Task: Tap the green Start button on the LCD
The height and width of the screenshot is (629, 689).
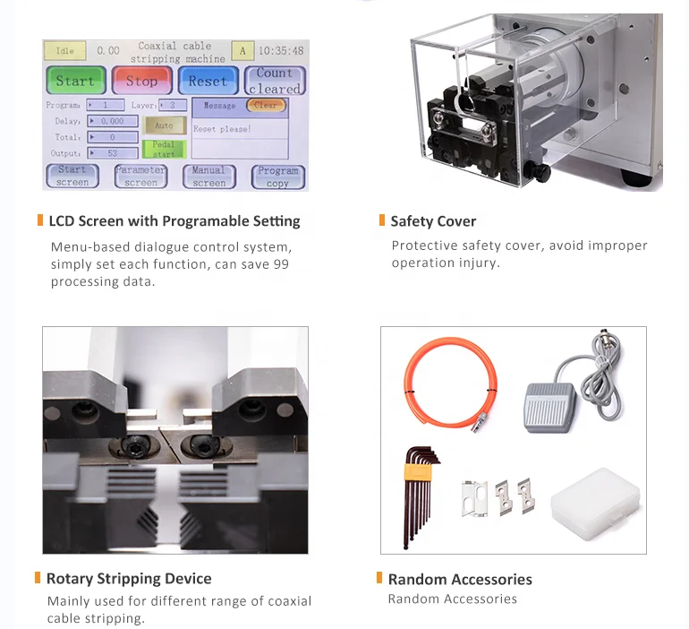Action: pos(76,80)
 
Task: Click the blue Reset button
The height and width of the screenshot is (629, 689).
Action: pos(208,80)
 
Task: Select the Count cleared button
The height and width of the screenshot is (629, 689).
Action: pos(275,81)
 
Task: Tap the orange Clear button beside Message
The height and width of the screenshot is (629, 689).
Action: pos(267,105)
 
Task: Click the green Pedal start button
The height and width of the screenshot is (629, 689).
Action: pos(164,149)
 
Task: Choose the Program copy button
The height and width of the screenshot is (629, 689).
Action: pos(277,177)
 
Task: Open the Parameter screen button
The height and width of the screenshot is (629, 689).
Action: pos(140,177)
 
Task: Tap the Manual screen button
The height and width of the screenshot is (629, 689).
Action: pos(209,177)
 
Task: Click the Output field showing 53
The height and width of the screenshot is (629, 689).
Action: pos(113,153)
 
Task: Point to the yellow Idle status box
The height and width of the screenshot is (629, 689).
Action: pos(65,50)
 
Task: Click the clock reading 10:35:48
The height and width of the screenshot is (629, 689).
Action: pos(281,51)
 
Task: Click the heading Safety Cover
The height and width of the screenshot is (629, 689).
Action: pos(433,221)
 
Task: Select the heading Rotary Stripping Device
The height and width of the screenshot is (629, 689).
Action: pos(129,579)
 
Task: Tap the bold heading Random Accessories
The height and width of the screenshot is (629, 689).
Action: pos(460,580)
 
